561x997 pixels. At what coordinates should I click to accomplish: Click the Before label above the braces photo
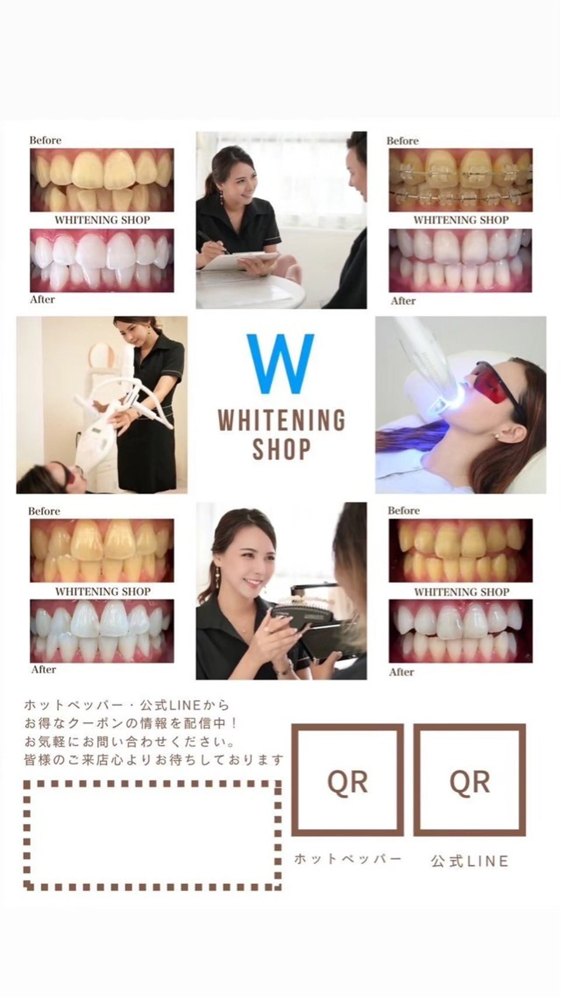[x=402, y=141]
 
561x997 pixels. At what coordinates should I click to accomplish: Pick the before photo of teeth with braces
[x=460, y=180]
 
